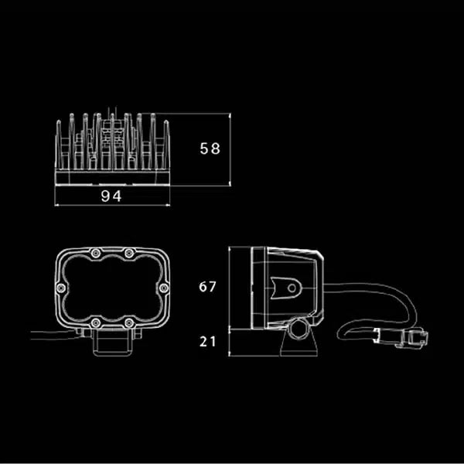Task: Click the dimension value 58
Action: [210, 148]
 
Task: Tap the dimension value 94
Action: [111, 196]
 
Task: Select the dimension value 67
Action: [207, 286]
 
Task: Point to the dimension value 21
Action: [207, 342]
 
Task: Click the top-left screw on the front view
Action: [96, 253]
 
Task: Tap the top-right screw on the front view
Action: [128, 253]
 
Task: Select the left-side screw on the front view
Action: [61, 288]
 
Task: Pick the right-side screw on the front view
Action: [163, 288]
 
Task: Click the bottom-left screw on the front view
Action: [95, 322]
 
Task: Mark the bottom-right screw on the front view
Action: [128, 322]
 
